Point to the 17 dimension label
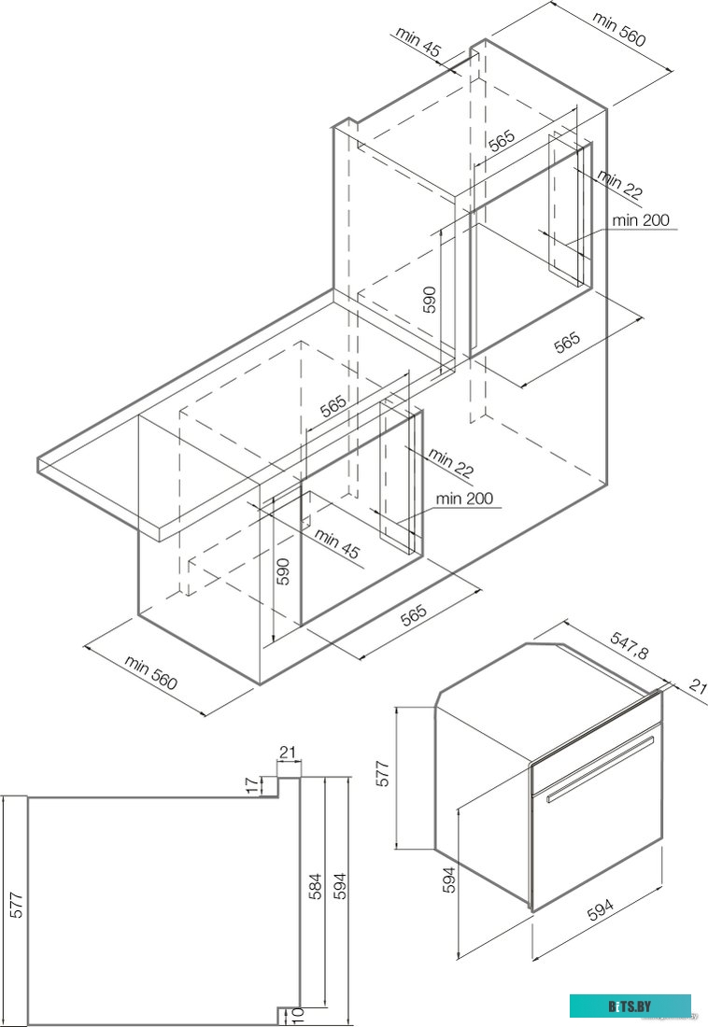coord(252,786)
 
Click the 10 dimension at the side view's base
coord(298,1016)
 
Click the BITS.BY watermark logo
coord(630,1006)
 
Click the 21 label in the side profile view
coord(288,753)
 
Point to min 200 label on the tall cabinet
coord(641,220)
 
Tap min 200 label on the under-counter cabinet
coord(464,499)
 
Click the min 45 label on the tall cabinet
coord(418,43)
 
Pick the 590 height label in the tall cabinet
coord(429,298)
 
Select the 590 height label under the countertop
coord(284,570)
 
